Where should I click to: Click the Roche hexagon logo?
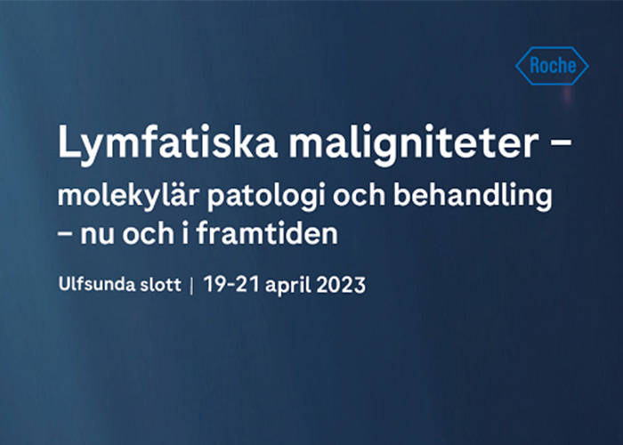(552, 66)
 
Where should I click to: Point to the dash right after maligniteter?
(560, 142)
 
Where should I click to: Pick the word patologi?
(267, 197)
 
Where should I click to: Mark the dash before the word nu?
(64, 234)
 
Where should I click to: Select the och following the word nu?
(148, 232)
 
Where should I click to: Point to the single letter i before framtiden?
(185, 232)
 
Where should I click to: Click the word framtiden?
(267, 232)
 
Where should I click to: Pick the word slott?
(161, 285)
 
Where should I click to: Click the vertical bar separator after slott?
(192, 286)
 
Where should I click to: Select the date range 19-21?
(231, 285)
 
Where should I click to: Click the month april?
(288, 286)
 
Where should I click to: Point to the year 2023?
(341, 285)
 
